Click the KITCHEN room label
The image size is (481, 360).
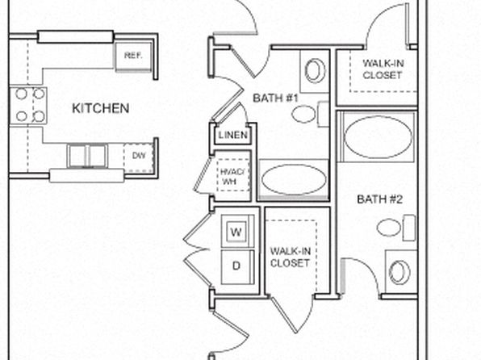100,108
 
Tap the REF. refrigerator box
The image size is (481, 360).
133,57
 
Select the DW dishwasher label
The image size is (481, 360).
139,156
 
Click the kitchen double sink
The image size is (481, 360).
87,156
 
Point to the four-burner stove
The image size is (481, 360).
28,106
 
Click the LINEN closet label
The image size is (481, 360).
232,135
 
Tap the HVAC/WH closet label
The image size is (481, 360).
232,176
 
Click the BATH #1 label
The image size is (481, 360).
275,98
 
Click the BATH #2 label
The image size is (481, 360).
379,199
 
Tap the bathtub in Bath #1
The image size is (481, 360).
293,179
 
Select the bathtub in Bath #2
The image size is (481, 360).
378,136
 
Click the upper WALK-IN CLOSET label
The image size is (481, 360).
383,69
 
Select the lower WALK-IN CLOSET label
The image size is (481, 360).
291,257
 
